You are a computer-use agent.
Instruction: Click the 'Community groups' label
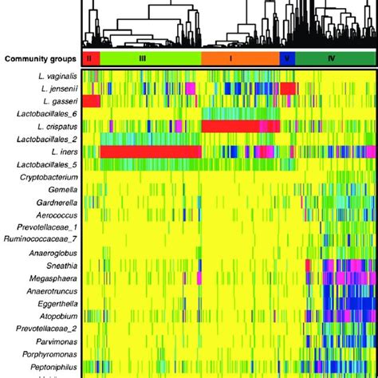click(40, 59)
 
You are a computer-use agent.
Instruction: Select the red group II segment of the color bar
click(91, 59)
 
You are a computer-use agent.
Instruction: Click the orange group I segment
click(239, 59)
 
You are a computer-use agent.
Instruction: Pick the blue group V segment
click(287, 59)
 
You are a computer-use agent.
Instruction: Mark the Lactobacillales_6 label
click(46, 114)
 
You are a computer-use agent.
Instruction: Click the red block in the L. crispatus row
click(239, 127)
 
